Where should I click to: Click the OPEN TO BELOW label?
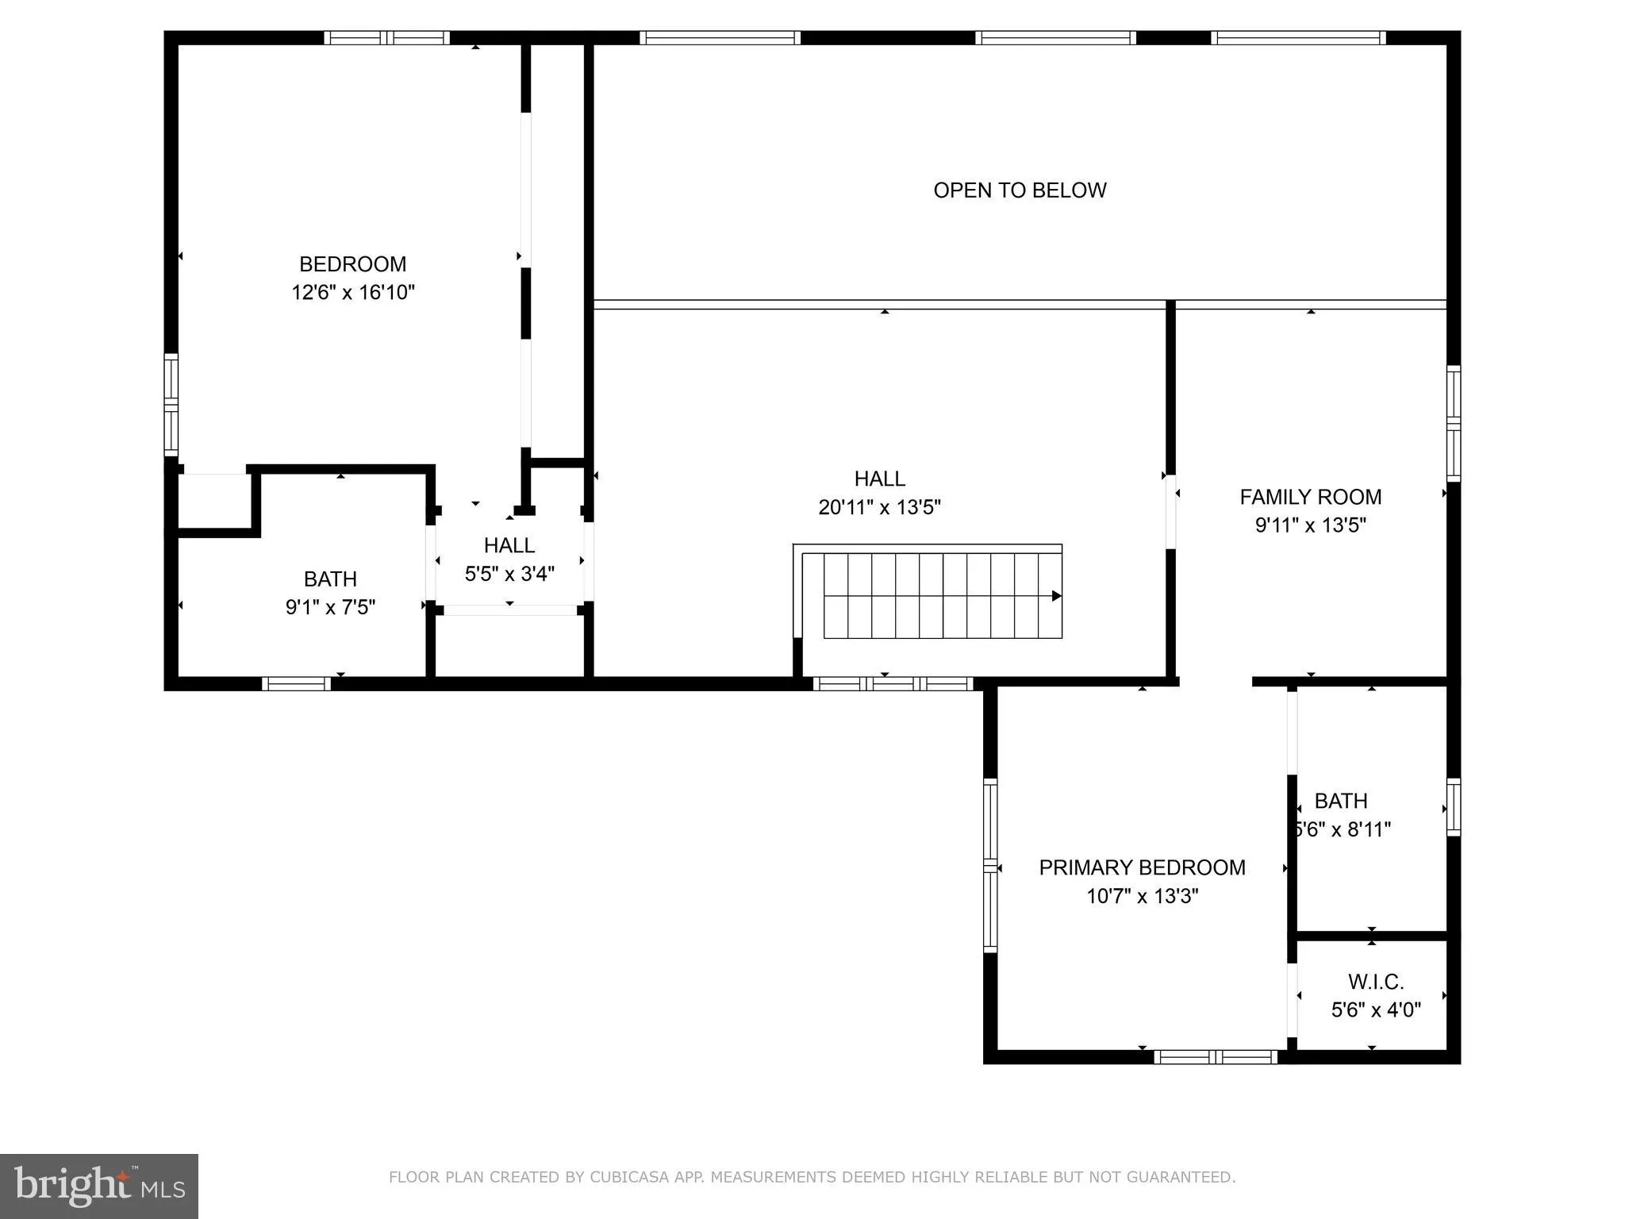1020,190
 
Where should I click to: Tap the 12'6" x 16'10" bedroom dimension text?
353,293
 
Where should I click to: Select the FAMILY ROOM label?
1310,497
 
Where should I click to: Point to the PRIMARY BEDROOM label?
1142,867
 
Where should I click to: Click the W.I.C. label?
1376,982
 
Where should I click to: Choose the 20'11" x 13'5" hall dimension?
879,507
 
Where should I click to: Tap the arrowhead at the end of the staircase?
1056,596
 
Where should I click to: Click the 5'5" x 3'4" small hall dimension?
509,574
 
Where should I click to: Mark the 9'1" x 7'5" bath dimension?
330,607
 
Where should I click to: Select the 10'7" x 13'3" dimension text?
1142,896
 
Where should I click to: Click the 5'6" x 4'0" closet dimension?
1376,1010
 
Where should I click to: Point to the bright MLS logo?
99,1186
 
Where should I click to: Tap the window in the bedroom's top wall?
386,37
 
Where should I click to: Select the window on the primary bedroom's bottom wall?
1215,1056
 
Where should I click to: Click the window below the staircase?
893,683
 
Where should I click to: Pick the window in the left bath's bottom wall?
296,683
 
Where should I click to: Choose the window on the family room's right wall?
1453,423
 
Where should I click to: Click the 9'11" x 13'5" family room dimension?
1310,525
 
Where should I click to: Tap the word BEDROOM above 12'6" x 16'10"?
353,264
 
